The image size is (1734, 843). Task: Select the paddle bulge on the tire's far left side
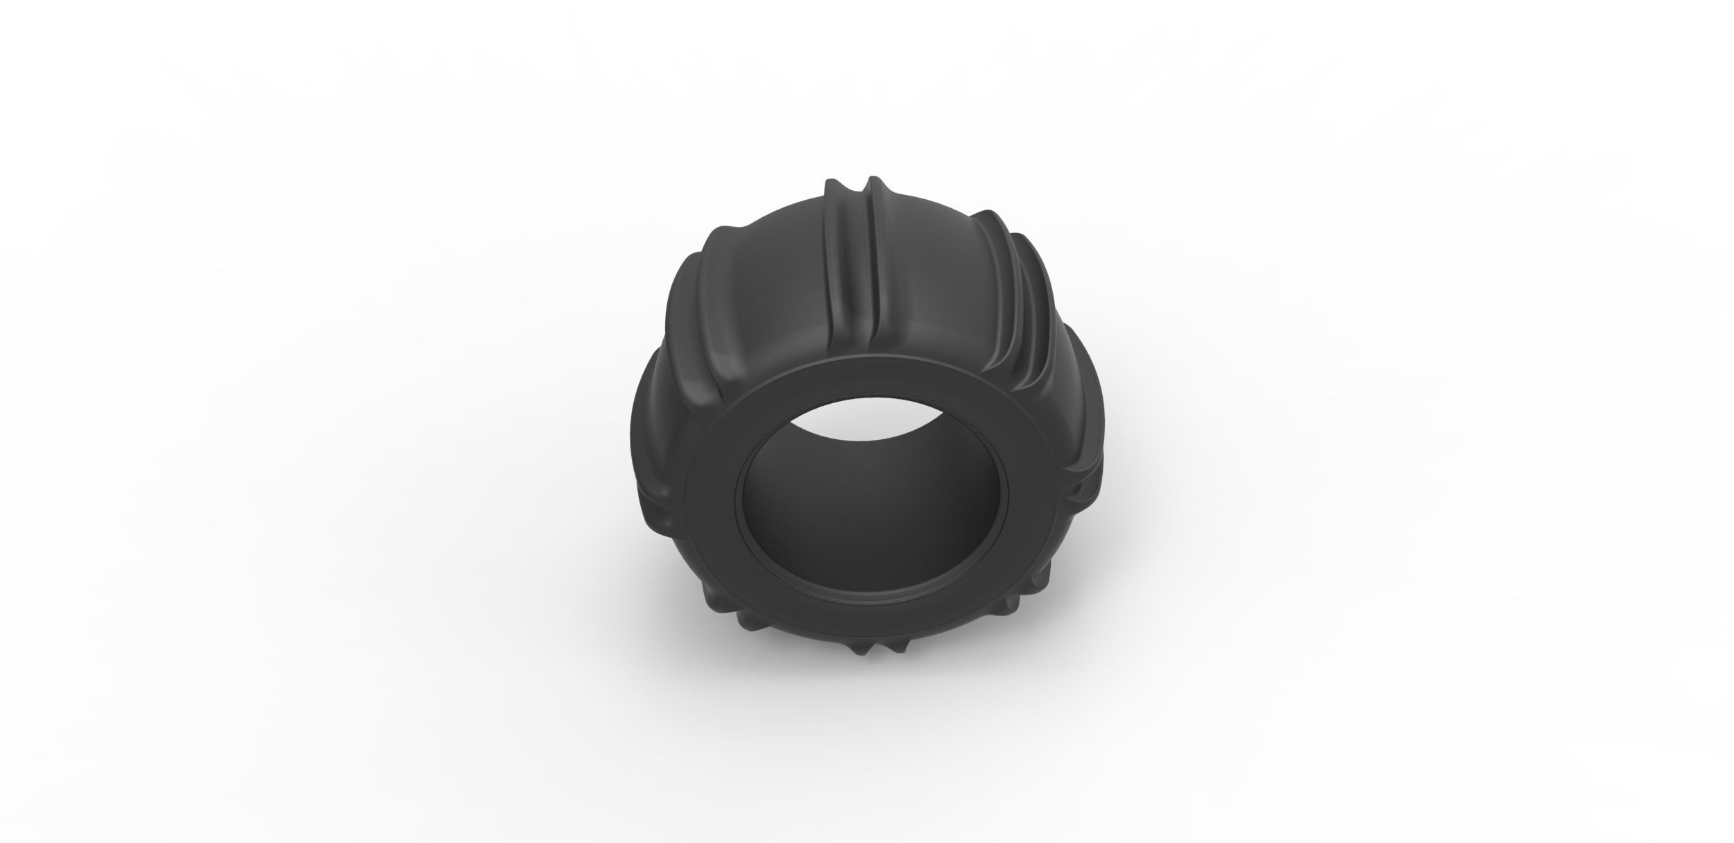(642, 430)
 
